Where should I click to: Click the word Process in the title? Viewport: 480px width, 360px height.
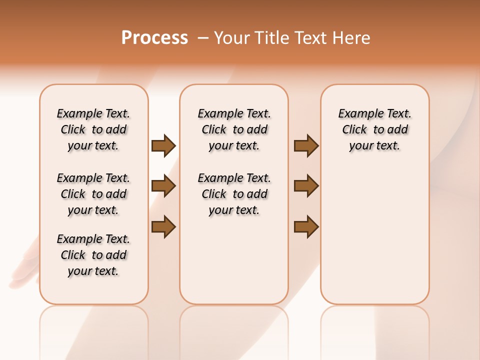pyautogui.click(x=154, y=38)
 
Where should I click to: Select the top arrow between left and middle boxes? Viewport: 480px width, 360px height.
pyautogui.click(x=163, y=145)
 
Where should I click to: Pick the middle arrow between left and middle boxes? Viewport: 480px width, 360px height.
pyautogui.click(x=163, y=186)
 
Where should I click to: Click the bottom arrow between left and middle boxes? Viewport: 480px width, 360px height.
pyautogui.click(x=163, y=226)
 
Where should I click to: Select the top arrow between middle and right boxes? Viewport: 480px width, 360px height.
pyautogui.click(x=306, y=145)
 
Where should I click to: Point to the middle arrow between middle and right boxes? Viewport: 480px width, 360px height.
pyautogui.click(x=306, y=186)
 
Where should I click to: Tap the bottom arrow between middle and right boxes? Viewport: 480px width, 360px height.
pyautogui.click(x=306, y=226)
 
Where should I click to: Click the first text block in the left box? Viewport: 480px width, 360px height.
pyautogui.click(x=93, y=129)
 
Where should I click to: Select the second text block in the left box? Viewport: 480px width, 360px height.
pyautogui.click(x=93, y=194)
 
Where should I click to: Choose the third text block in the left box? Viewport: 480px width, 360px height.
pyautogui.click(x=93, y=255)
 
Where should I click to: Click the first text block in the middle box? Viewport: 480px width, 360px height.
pyautogui.click(x=234, y=129)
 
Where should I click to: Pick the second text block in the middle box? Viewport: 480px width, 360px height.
pyautogui.click(x=234, y=194)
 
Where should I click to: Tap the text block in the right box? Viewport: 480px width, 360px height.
pyautogui.click(x=375, y=129)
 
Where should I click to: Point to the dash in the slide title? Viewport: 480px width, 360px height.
pyautogui.click(x=203, y=38)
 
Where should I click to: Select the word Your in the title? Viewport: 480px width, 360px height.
pyautogui.click(x=232, y=38)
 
